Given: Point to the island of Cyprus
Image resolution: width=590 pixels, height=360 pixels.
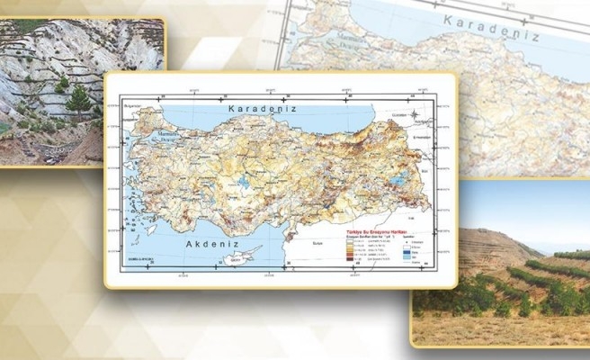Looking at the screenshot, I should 246,255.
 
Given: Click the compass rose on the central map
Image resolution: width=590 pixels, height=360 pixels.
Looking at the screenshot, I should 415,117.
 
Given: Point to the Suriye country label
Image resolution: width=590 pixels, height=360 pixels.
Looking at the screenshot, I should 319,242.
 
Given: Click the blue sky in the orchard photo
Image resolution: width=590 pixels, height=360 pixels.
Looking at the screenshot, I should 522,202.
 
